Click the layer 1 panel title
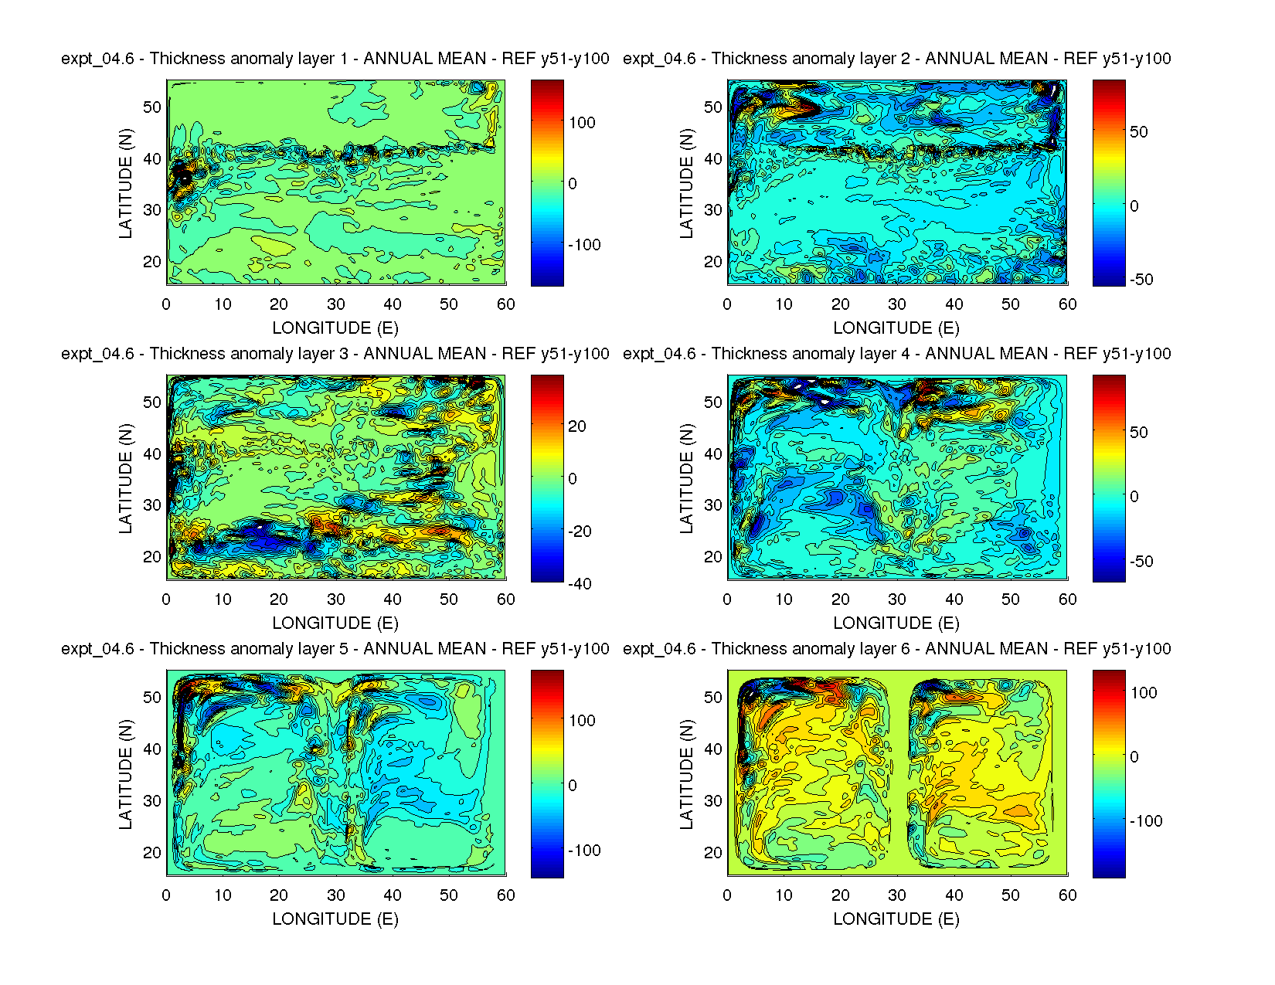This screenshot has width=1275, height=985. (x=335, y=59)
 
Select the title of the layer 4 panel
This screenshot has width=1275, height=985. (x=896, y=354)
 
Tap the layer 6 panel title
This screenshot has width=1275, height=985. (x=896, y=649)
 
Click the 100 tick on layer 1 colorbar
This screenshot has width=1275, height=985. (x=582, y=123)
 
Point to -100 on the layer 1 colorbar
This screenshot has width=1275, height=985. (x=584, y=245)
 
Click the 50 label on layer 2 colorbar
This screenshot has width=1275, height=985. (x=1139, y=132)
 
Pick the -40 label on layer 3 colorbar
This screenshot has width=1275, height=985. (x=579, y=584)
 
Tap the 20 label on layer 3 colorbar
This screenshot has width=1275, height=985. (x=577, y=426)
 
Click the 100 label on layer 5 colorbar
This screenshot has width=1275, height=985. (x=582, y=721)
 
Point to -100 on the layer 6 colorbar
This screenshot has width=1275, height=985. (x=1145, y=821)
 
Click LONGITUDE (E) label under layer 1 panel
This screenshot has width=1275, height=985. (x=335, y=328)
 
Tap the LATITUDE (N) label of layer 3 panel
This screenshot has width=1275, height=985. (x=126, y=478)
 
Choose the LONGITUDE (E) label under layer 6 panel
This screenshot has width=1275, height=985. (x=896, y=919)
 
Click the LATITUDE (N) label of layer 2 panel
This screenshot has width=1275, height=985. (x=687, y=183)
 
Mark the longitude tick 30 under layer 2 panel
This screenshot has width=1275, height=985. (x=897, y=304)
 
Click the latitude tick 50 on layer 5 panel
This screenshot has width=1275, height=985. (x=152, y=698)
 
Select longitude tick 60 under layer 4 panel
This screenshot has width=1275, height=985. (x=1067, y=599)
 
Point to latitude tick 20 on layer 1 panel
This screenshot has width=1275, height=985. (x=152, y=262)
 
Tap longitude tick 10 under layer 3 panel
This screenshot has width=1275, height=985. (x=223, y=599)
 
